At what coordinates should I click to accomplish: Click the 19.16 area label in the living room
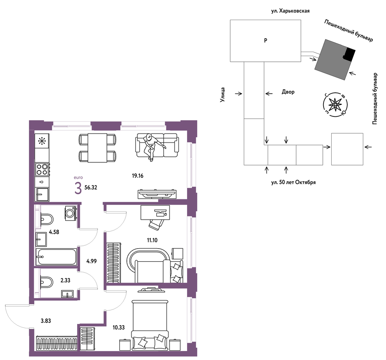(137, 176)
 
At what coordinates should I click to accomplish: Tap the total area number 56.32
(90, 188)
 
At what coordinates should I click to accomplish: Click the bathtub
(56, 257)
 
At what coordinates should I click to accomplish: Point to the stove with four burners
(42, 169)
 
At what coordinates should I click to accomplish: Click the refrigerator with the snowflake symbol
(42, 141)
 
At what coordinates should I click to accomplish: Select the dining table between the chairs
(97, 148)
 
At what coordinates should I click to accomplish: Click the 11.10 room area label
(152, 240)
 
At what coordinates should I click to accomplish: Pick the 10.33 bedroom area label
(119, 328)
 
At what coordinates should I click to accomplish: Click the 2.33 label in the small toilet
(65, 280)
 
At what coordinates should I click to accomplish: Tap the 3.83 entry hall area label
(46, 321)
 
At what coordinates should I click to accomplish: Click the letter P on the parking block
(265, 41)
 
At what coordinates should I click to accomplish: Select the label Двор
(288, 92)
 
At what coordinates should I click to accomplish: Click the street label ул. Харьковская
(290, 11)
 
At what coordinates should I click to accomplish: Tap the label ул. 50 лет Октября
(294, 183)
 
